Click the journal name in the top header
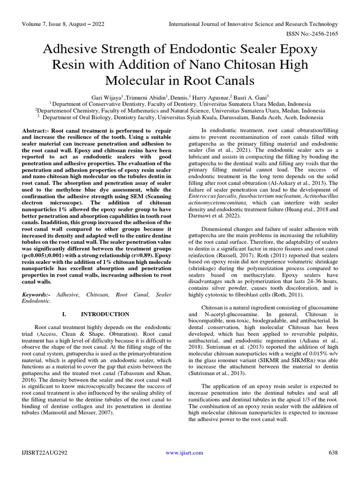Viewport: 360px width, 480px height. [x=253, y=24]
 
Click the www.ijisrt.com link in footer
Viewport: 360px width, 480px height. [x=185, y=452]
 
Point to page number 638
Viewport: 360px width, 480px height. [x=332, y=452]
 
